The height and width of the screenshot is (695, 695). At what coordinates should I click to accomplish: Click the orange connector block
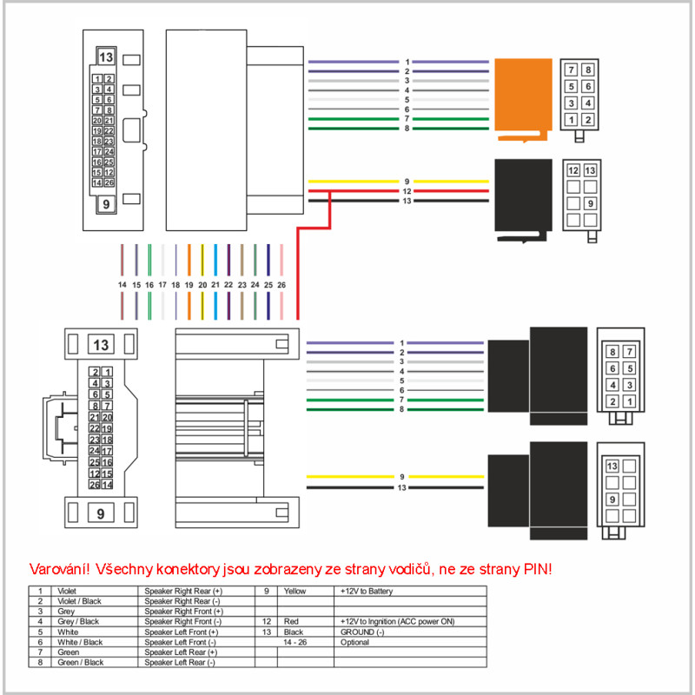(522, 97)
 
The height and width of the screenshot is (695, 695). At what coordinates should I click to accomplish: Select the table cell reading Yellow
(295, 592)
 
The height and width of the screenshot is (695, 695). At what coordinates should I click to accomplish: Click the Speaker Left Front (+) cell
(182, 632)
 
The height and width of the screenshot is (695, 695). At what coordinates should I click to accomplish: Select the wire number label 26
(281, 285)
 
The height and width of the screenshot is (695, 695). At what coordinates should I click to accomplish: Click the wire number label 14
(122, 285)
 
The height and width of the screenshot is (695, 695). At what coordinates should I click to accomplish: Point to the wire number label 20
(202, 285)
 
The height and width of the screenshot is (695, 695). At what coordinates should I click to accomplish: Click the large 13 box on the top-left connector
(107, 58)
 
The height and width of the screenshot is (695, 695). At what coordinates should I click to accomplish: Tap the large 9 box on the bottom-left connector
(101, 513)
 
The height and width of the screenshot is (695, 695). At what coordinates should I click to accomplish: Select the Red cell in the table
(291, 622)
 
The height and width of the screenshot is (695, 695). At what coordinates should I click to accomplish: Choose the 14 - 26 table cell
(296, 642)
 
